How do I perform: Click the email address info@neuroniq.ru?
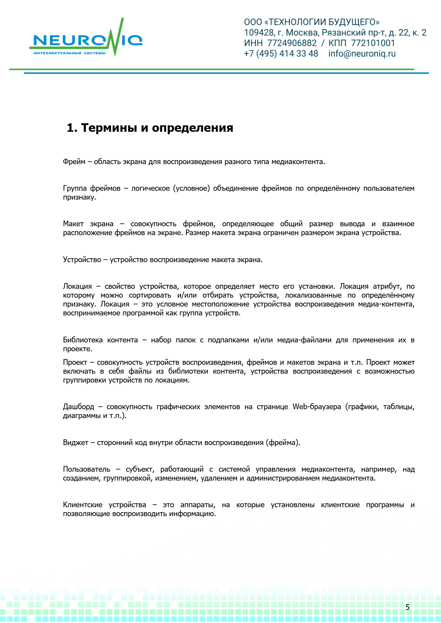pos(362,54)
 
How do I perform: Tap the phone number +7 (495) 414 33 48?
pos(281,54)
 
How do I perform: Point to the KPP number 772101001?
pos(373,43)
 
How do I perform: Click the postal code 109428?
pos(259,33)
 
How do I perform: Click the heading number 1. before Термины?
pos(72,128)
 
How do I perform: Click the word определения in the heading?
pos(192,128)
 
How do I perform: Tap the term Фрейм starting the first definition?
pos(74,162)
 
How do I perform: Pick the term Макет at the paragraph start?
pos(73,224)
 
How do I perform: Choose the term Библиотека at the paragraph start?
pos(83,340)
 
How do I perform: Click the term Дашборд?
pos(79,407)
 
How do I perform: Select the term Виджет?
pos(75,443)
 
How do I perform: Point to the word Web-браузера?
pos(317,407)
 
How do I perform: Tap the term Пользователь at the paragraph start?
pos(86,470)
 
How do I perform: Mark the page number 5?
pos(408,607)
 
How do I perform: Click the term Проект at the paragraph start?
pos(75,363)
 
